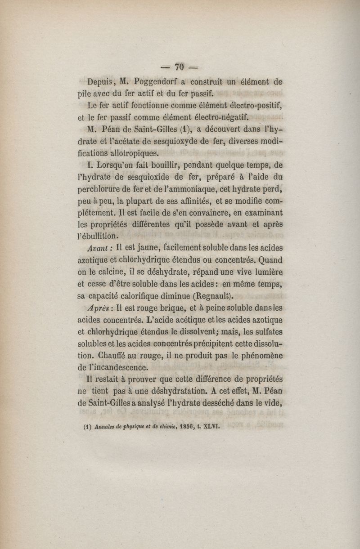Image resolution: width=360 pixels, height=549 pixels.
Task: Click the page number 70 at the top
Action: point(179,67)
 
